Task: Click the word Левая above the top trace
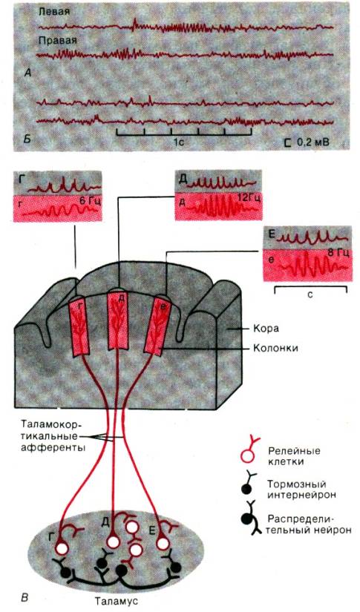(x=54, y=12)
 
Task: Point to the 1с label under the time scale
(x=179, y=142)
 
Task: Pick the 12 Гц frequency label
(x=249, y=198)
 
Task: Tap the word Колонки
(x=275, y=347)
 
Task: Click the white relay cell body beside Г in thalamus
(x=62, y=548)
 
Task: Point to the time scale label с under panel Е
(x=310, y=295)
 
